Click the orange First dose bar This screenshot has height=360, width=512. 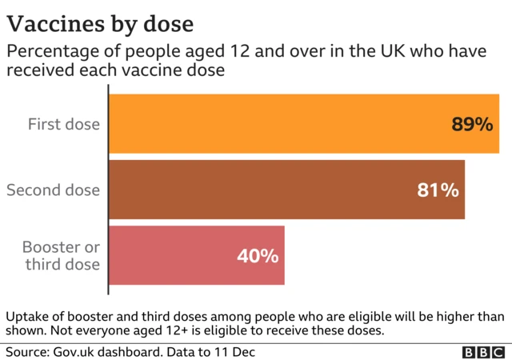click(x=304, y=124)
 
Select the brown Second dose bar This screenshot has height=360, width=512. click(x=286, y=190)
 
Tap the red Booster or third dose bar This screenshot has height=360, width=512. click(x=196, y=255)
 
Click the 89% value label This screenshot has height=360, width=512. click(x=471, y=125)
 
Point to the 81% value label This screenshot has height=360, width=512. click(x=438, y=190)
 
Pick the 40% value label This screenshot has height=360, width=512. click(x=258, y=256)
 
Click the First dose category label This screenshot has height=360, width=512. click(x=64, y=124)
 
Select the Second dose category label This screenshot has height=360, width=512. click(x=54, y=190)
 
